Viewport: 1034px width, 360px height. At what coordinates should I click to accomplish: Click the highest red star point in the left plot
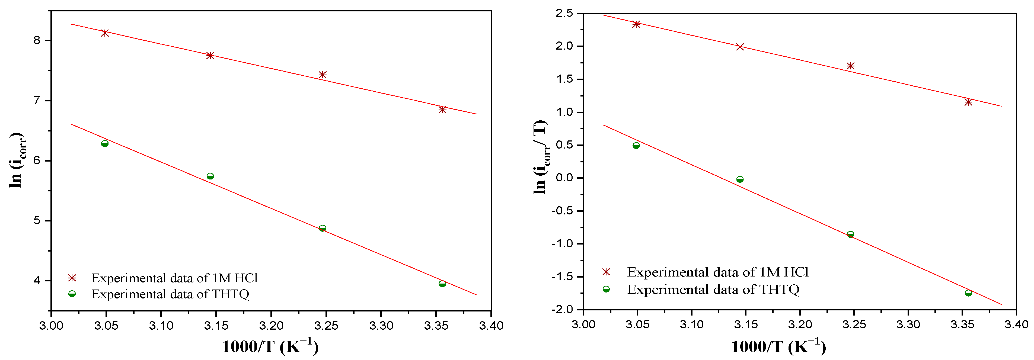[x=105, y=33]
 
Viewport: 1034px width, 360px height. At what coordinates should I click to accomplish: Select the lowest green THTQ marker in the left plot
[x=442, y=284]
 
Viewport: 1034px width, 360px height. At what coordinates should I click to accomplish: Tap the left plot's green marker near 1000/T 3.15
[x=210, y=176]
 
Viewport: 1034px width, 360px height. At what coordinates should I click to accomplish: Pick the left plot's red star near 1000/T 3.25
[x=322, y=75]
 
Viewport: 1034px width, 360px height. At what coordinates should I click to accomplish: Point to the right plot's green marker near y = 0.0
[x=739, y=179]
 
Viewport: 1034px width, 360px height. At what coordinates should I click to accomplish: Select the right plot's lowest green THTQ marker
[x=968, y=293]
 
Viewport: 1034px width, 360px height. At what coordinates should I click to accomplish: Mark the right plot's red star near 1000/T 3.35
[x=968, y=102]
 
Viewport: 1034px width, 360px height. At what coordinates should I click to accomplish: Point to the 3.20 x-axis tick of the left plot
[x=271, y=326]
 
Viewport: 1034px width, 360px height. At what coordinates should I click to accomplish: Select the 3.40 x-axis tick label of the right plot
[x=1016, y=324]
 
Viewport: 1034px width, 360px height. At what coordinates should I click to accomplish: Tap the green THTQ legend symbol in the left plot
[x=72, y=294]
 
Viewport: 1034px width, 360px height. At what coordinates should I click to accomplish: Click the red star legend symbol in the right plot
[x=606, y=272]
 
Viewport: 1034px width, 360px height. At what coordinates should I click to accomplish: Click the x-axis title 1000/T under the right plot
[x=778, y=347]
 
